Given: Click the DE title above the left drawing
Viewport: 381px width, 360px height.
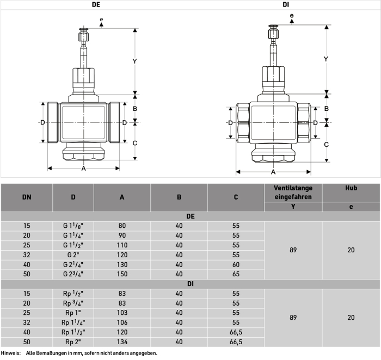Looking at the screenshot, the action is coord(96,4).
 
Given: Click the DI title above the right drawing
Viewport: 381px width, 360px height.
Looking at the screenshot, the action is coord(286,4).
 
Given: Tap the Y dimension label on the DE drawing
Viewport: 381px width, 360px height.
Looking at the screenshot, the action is coord(134,61).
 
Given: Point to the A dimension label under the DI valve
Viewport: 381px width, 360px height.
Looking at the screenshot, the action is coord(273,172).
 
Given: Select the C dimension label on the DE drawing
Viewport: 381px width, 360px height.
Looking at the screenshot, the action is coord(135,143).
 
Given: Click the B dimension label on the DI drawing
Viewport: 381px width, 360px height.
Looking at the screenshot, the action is coord(327,109).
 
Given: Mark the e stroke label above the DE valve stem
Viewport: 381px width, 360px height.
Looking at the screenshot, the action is coord(101,19).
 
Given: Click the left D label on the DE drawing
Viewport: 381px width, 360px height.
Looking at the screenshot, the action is coord(42,122).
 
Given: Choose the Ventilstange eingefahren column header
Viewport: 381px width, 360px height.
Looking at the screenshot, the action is coord(293,193).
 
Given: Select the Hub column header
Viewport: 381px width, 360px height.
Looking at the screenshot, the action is coord(351,188).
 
